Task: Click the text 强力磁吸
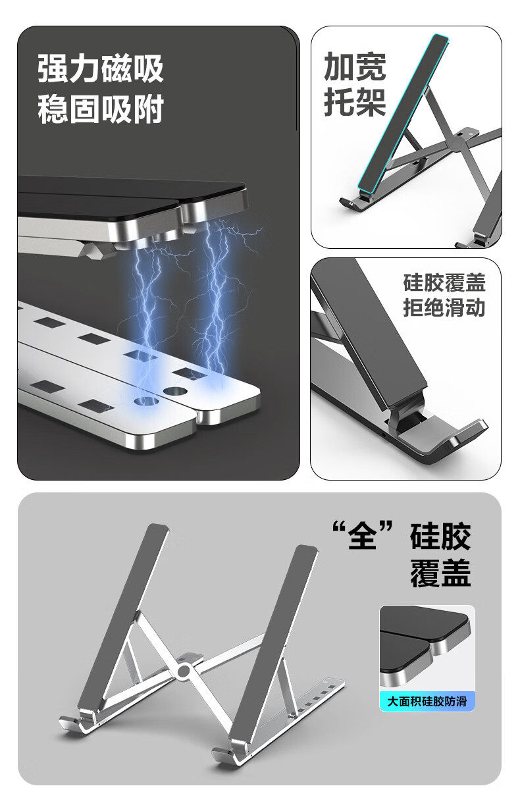click(100, 68)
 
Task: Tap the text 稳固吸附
click(100, 109)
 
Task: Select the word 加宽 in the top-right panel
click(355, 66)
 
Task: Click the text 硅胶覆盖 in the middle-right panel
click(444, 283)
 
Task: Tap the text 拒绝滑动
click(444, 308)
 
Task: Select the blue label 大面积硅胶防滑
click(427, 701)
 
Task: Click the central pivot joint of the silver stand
click(184, 671)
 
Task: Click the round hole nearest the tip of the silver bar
click(175, 391)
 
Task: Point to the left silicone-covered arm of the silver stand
click(123, 615)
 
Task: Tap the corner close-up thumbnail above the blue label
click(427, 648)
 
